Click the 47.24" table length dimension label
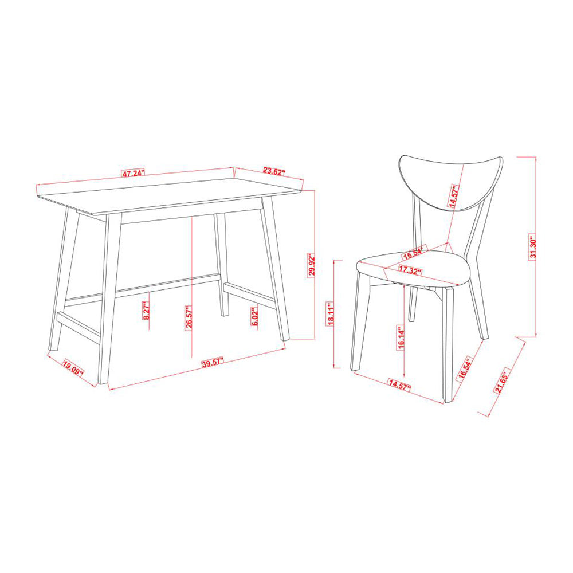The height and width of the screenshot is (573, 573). pos(134,173)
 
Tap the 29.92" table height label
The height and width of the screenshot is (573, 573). pos(311,265)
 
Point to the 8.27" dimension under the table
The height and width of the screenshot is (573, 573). pos(146,311)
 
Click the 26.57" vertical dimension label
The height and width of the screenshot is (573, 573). pos(189,318)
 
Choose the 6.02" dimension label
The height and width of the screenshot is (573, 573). pos(255,316)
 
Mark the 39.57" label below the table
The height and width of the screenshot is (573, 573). pos(213,363)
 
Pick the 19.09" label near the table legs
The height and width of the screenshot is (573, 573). pos(73,367)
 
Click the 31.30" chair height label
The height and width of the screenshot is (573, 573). pos(533,247)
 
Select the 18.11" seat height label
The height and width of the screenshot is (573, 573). pos(331,313)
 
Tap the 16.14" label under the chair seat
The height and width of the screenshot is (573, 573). pos(401,338)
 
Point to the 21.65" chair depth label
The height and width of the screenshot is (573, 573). pos(501,383)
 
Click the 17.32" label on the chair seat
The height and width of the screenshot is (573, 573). pos(410,270)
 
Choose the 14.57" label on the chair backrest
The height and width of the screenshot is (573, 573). pos(453,196)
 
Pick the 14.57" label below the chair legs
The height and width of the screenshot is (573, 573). pos(399,385)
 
